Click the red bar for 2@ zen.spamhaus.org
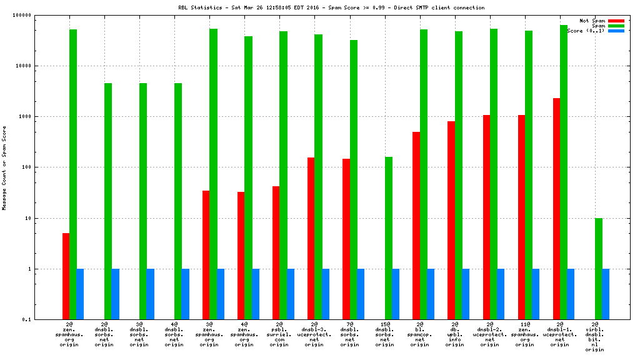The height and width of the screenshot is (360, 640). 66,276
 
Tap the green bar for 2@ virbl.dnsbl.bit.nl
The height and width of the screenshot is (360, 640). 599,269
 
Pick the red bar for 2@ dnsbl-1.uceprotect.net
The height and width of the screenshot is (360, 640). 556,209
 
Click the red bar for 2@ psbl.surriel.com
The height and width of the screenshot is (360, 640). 276,252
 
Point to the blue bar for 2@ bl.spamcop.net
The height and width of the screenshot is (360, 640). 431,294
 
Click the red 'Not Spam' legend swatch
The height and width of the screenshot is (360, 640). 616,21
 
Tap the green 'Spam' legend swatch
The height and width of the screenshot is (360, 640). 616,26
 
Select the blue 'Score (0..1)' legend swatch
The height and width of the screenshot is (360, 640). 616,31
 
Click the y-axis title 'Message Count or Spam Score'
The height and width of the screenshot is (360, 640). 4,167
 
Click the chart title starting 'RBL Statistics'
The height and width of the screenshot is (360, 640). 331,7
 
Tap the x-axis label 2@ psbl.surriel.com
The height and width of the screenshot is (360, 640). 279,334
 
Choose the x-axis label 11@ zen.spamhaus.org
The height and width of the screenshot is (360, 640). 525,334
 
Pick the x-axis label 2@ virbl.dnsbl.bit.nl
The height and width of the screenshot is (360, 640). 595,337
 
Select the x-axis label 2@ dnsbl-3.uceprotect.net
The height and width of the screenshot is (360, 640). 314,334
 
